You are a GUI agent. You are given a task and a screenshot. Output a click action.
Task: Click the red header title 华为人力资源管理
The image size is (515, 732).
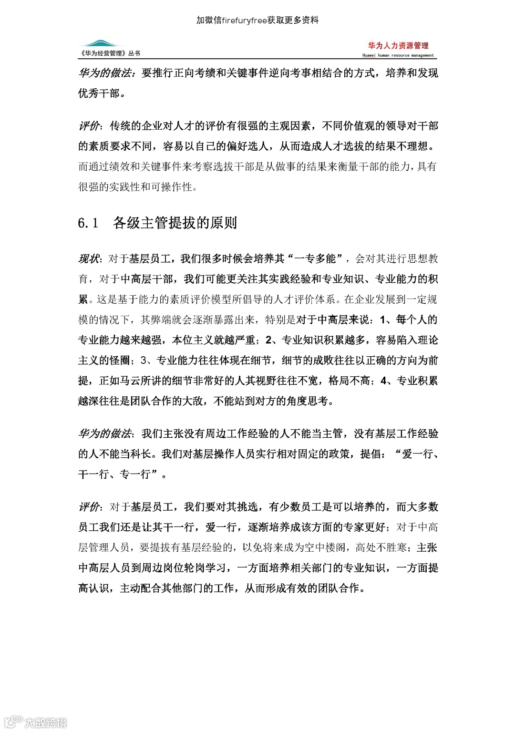click(398, 46)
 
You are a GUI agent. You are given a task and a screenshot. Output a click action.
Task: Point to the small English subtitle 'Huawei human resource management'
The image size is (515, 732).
click(398, 55)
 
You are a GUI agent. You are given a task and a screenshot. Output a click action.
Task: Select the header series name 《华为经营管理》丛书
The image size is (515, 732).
click(110, 53)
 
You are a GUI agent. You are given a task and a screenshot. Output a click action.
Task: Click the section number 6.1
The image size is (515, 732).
click(88, 223)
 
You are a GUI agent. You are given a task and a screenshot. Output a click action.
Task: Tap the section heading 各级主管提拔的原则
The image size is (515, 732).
click(175, 223)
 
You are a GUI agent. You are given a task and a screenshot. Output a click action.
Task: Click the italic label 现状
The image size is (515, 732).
click(88, 259)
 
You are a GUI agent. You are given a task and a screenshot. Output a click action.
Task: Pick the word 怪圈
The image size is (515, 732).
click(120, 361)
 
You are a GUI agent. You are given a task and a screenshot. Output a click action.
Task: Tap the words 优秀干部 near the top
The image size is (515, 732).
click(99, 93)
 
